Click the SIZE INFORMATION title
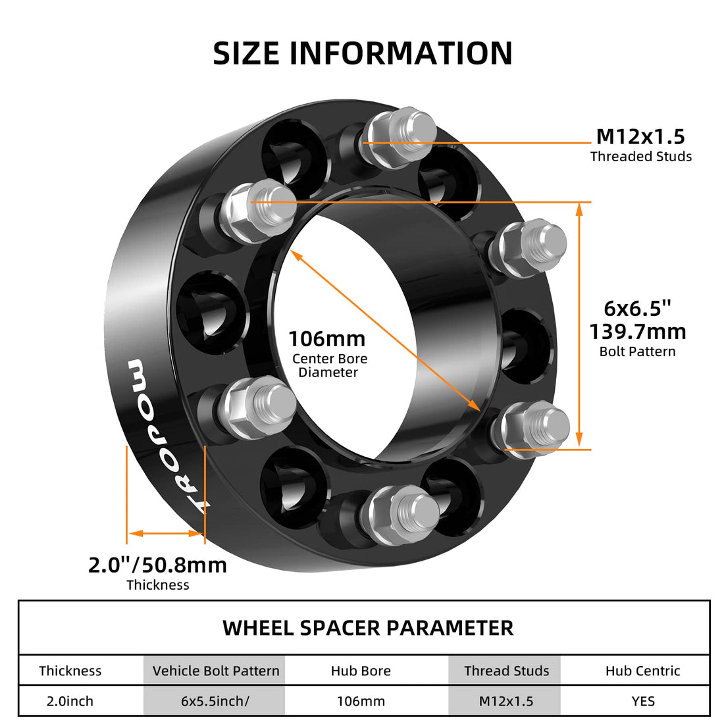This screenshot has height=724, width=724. (363, 53)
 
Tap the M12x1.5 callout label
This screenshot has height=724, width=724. (640, 136)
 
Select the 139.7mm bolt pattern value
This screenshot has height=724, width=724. (637, 331)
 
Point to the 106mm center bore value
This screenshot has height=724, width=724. (327, 339)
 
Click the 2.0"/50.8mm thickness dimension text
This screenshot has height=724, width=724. (157, 565)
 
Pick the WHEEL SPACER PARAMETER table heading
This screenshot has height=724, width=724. (368, 628)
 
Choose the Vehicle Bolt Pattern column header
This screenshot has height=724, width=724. (216, 671)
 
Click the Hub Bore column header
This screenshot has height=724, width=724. (361, 671)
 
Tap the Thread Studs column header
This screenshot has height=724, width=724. (506, 671)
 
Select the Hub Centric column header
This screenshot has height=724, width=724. (642, 671)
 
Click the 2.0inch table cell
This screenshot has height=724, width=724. (70, 701)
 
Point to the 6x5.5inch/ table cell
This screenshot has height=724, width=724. (215, 701)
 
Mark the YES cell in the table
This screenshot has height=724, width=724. (642, 701)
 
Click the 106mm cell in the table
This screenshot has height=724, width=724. (361, 701)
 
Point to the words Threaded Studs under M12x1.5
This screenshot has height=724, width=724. (640, 157)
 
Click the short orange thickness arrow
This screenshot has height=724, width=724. (165, 532)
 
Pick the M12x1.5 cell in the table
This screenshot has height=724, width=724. (506, 701)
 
